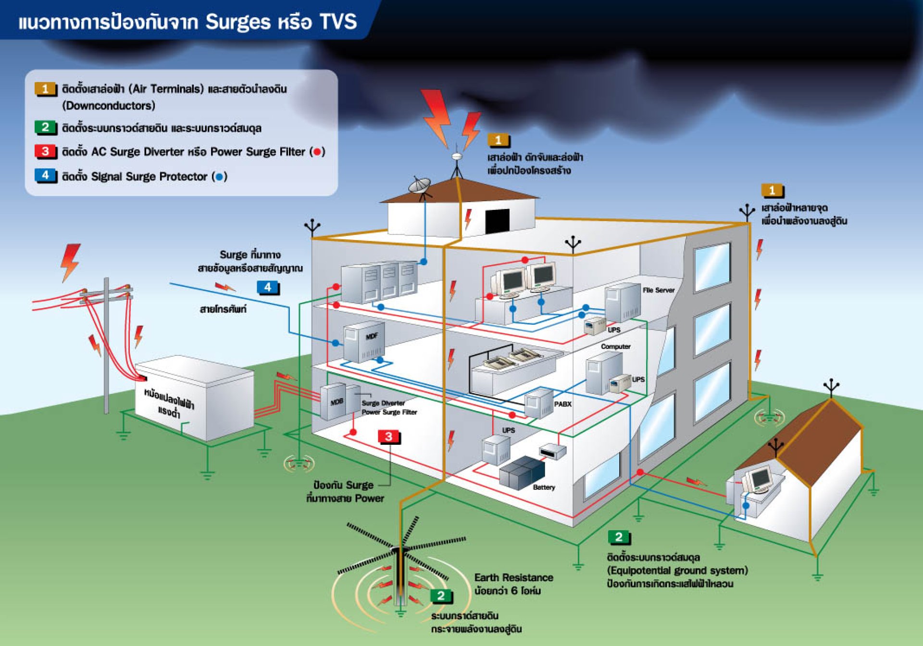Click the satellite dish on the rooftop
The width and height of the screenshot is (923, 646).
[420, 185]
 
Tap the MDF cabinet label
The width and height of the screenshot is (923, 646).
[372, 336]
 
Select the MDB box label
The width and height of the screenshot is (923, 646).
[337, 402]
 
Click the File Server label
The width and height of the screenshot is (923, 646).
[658, 290]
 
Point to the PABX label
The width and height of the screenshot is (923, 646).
[562, 404]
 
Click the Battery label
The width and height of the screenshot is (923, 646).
[544, 487]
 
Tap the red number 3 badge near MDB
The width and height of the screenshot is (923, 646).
[388, 437]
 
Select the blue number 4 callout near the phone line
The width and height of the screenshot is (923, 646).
[268, 287]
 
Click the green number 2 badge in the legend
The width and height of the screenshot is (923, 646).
[45, 127]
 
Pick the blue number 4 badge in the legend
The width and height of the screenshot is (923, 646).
[45, 175]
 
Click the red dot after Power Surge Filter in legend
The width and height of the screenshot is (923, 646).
[317, 152]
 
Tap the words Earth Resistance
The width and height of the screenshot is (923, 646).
[513, 577]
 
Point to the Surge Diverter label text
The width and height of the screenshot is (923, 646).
[383, 403]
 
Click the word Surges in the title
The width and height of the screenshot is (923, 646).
[238, 22]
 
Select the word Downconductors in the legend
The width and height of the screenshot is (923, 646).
[109, 106]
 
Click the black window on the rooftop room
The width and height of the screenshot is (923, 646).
[497, 221]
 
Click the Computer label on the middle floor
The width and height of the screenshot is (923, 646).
[615, 346]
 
